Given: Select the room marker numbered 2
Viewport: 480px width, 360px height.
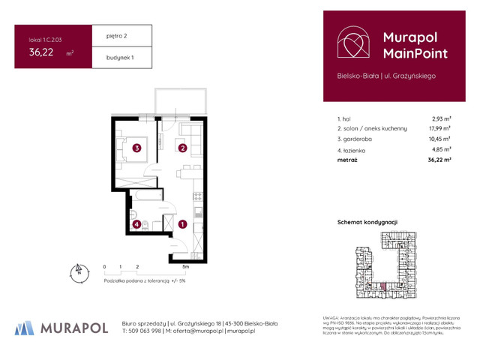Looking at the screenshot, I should [x=182, y=148].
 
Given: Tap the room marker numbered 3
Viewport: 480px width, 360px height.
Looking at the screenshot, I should [x=136, y=148].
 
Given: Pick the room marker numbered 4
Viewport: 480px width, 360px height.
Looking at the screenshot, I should [x=136, y=223].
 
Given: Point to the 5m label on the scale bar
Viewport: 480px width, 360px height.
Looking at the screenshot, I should [x=184, y=266].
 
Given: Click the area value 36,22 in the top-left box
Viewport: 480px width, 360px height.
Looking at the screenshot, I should [x=41, y=52].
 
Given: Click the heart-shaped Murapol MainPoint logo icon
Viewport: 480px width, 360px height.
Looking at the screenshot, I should [x=352, y=44].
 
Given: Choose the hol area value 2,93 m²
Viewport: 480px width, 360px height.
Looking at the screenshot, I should [x=440, y=118].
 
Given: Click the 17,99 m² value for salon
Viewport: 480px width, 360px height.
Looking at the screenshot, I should [x=439, y=129].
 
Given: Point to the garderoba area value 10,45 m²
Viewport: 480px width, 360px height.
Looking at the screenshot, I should [x=439, y=139].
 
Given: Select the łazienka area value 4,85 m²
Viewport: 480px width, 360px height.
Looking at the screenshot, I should [x=440, y=150].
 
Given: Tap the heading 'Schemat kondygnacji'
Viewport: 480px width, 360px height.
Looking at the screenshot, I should [x=367, y=223].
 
